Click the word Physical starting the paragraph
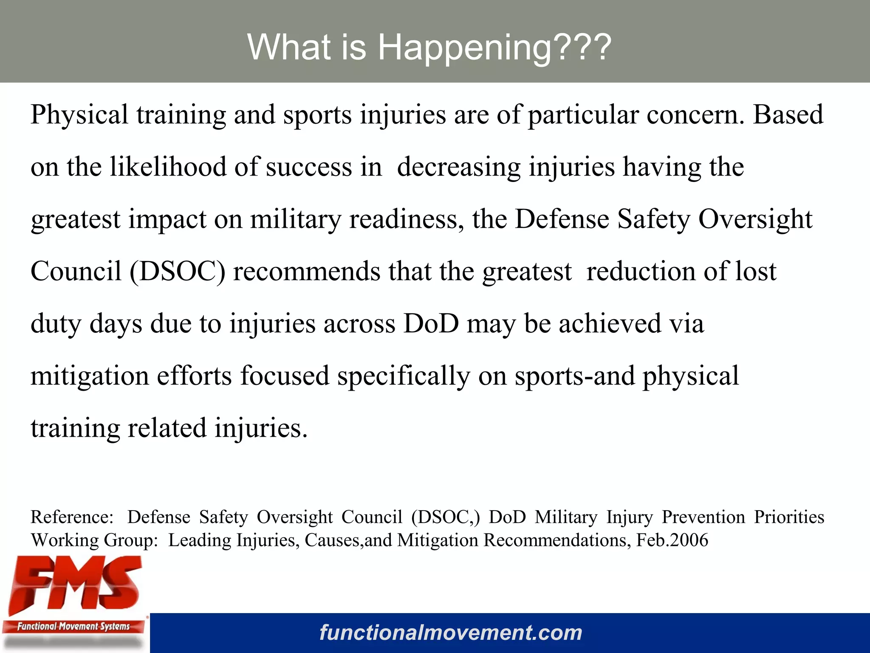[79, 115]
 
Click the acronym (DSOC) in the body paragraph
[177, 272]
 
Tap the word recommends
[307, 272]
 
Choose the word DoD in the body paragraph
[431, 324]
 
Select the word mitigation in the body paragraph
[90, 376]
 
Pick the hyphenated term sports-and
[574, 376]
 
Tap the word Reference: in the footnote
[72, 517]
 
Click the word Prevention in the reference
[703, 517]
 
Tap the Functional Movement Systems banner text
[73, 626]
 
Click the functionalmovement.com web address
[451, 633]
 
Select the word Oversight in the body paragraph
[755, 219]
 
